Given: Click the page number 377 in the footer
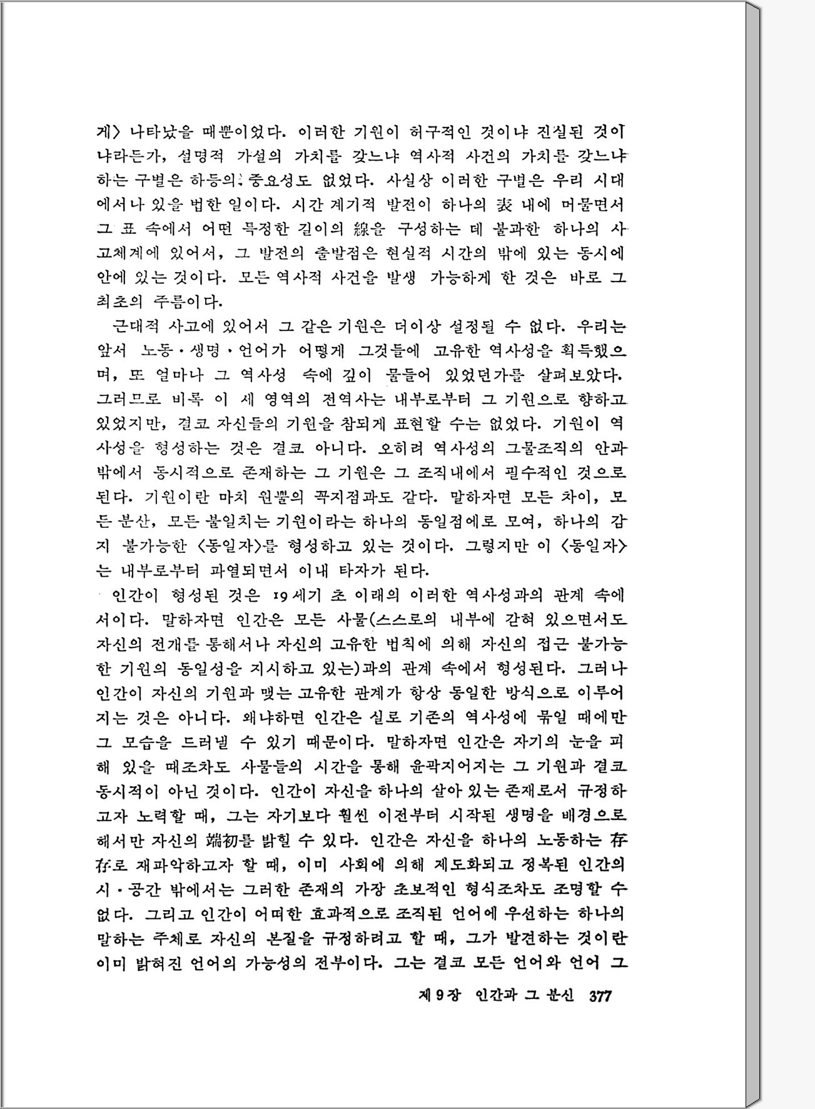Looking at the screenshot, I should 599,995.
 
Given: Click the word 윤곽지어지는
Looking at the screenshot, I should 455,766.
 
